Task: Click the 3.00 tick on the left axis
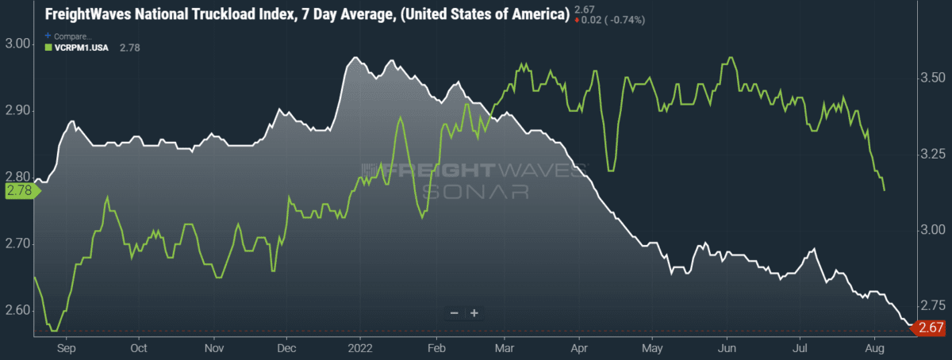tap(17, 44)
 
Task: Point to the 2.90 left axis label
tap(17, 110)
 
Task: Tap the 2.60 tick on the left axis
tap(17, 310)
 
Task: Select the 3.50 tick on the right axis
tap(932, 78)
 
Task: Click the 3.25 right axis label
tap(932, 153)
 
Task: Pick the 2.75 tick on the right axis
tap(932, 305)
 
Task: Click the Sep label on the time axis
tap(67, 348)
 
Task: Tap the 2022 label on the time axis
tap(360, 348)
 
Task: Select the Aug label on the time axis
tap(874, 348)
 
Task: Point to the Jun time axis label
tap(727, 348)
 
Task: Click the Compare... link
tap(68, 36)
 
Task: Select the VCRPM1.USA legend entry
tap(77, 48)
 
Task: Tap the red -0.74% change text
tap(627, 20)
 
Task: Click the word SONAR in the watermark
tap(475, 192)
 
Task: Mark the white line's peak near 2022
tap(355, 57)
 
